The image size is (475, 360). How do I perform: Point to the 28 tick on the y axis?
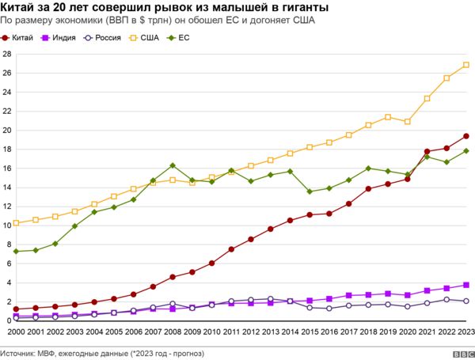tap(6, 54)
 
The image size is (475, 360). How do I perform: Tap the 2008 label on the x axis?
tap(172, 334)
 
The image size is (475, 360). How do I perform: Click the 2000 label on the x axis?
tap(16, 334)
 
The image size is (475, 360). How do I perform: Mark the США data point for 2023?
tap(466, 65)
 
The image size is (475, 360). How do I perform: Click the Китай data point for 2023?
tap(466, 136)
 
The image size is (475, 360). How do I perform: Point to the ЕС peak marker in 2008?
tap(173, 165)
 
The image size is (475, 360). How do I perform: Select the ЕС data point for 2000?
tap(16, 251)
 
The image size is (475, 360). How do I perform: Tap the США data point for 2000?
tap(16, 223)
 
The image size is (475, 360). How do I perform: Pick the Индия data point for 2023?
tap(466, 285)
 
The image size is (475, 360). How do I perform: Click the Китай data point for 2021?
tap(427, 151)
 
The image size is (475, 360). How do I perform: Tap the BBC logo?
tap(458, 353)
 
